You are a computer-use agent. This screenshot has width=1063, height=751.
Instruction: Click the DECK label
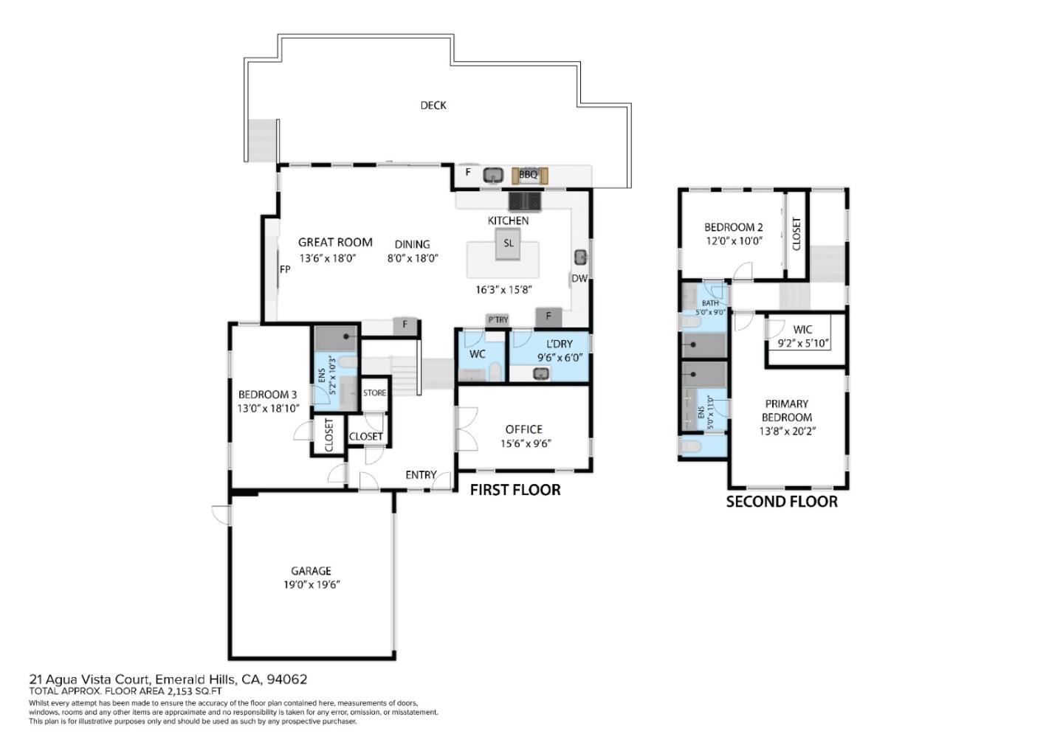click(x=433, y=105)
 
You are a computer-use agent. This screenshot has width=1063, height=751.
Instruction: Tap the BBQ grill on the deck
click(x=529, y=176)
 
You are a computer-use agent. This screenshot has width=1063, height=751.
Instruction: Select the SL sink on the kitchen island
click(x=508, y=243)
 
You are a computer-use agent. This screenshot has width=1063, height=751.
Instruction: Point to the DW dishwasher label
click(x=579, y=279)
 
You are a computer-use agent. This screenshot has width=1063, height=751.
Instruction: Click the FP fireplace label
click(x=285, y=269)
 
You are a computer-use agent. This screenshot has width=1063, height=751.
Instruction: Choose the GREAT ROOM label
click(x=335, y=242)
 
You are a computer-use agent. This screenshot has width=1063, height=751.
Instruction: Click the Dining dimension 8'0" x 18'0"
click(x=413, y=258)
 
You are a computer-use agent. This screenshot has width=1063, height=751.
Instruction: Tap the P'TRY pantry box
click(x=498, y=320)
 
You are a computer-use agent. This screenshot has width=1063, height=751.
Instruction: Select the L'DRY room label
click(x=560, y=344)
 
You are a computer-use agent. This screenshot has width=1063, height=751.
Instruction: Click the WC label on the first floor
click(x=477, y=354)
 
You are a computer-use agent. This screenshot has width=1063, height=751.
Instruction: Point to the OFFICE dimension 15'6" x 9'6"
click(x=526, y=444)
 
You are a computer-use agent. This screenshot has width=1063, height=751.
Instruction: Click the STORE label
click(x=374, y=393)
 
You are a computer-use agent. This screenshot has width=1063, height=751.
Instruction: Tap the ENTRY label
click(x=421, y=475)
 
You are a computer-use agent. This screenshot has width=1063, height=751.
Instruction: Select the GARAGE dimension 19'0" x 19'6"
click(x=312, y=584)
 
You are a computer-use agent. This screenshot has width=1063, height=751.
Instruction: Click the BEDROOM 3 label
click(x=267, y=395)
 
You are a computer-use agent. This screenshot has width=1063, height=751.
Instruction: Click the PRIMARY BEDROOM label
click(x=786, y=411)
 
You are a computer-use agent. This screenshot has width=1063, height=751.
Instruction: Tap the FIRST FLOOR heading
click(x=515, y=490)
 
